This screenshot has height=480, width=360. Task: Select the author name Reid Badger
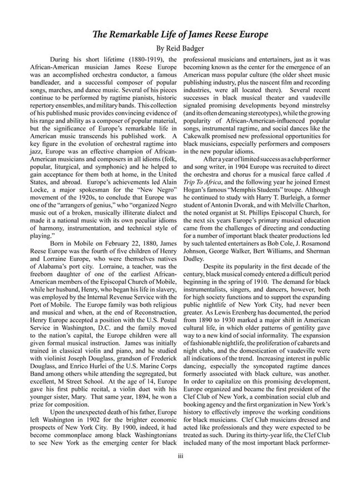coord(187,48)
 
